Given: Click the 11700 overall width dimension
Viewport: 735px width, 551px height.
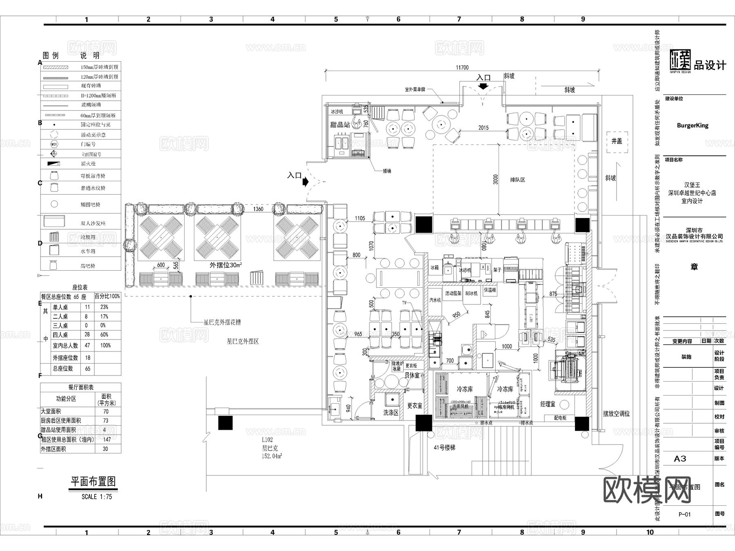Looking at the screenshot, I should (462, 67).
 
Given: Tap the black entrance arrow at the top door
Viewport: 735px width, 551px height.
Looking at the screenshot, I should (483, 86).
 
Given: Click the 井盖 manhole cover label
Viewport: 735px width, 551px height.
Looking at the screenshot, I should (617, 141).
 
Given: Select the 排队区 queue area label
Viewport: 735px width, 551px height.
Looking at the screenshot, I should (518, 180).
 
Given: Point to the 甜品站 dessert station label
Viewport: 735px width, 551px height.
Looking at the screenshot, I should (340, 124).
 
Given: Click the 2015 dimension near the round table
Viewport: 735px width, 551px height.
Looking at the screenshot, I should (483, 128).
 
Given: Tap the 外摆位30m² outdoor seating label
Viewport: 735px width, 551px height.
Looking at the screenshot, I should (225, 265).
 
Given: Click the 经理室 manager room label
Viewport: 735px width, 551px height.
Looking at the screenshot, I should (548, 404).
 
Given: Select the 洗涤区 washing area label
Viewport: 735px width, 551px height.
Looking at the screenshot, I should (390, 413).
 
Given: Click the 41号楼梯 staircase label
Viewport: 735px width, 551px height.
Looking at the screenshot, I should (444, 447).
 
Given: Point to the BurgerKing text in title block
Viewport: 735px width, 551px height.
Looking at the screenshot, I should (693, 125).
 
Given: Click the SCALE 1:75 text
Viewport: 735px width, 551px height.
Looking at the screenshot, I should (97, 497).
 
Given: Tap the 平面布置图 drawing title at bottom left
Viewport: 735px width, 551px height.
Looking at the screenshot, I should (94, 482).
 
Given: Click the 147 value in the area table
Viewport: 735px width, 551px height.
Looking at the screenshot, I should (107, 440).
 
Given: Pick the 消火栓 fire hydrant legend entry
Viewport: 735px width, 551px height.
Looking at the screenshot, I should (88, 164).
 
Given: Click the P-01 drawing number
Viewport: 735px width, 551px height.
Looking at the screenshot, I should (685, 514).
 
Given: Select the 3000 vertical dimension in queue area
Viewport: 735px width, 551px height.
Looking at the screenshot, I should (496, 180).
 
